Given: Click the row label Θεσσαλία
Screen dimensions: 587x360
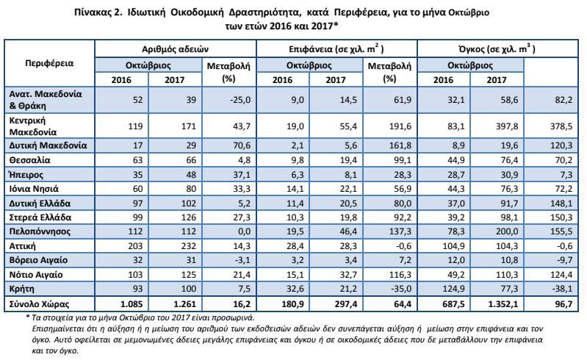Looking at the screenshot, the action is pos(29,160).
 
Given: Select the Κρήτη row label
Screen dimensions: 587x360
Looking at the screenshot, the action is pos(22,289).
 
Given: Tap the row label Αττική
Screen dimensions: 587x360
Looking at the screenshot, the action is pos(23,246).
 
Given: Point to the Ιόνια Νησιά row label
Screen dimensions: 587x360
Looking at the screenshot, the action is pos(34,189).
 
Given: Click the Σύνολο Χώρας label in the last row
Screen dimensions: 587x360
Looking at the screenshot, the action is pos(40,304).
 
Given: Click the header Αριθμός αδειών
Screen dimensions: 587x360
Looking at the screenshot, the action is pos(175,49).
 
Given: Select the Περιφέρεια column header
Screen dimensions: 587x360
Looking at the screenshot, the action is pos(49,63).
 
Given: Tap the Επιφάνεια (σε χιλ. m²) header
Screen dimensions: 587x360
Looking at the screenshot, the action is pos(336,48).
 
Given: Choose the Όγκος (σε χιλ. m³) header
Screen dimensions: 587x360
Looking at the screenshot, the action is pos(497,48).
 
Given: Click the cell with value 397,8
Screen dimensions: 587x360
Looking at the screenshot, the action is pos(507,126).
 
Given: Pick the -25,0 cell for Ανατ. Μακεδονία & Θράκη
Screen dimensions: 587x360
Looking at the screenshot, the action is pos(240,100).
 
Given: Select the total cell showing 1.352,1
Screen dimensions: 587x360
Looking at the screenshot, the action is pos(503,304).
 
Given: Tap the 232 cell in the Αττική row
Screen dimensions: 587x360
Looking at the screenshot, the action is pos(188,246).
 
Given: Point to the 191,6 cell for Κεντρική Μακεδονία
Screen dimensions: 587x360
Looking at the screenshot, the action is pos(400,126).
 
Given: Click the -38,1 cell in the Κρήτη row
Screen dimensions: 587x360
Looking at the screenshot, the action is pos(561,289).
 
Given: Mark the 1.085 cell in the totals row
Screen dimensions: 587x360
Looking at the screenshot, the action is pos(130,304).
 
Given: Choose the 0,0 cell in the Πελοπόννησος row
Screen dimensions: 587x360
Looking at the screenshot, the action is pos(244,231).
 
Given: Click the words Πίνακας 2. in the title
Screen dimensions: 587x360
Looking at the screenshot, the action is pos(98,12).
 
